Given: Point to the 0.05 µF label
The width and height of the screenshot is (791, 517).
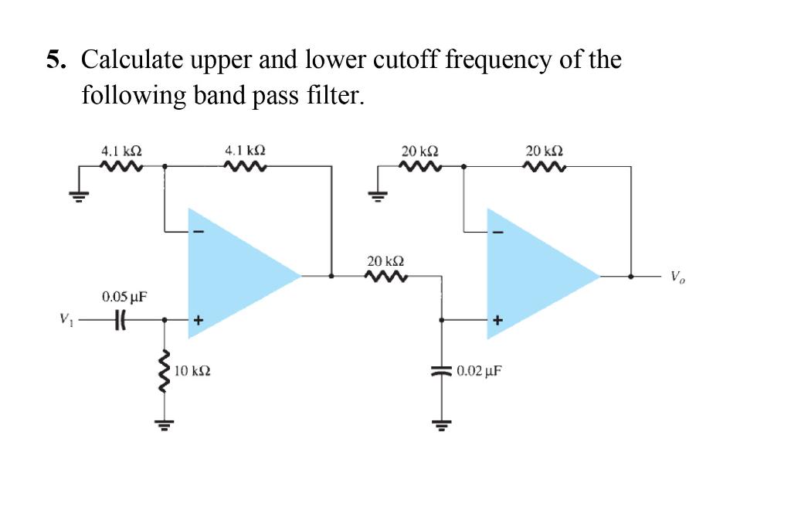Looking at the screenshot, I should click(x=124, y=297).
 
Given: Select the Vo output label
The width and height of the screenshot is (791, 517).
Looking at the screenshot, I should click(x=677, y=276).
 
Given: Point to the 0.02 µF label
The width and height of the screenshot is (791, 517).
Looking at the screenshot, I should click(x=479, y=371).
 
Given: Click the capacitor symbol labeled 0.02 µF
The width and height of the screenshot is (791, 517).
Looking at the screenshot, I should click(x=442, y=371).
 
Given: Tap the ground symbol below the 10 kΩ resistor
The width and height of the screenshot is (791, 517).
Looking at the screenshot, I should click(x=164, y=423).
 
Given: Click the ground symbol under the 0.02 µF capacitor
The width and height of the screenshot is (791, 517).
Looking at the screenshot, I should click(x=442, y=423).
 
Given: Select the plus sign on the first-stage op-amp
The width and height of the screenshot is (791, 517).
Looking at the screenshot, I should click(x=198, y=318).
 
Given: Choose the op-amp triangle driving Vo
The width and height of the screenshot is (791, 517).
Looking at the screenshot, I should click(x=533, y=274).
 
